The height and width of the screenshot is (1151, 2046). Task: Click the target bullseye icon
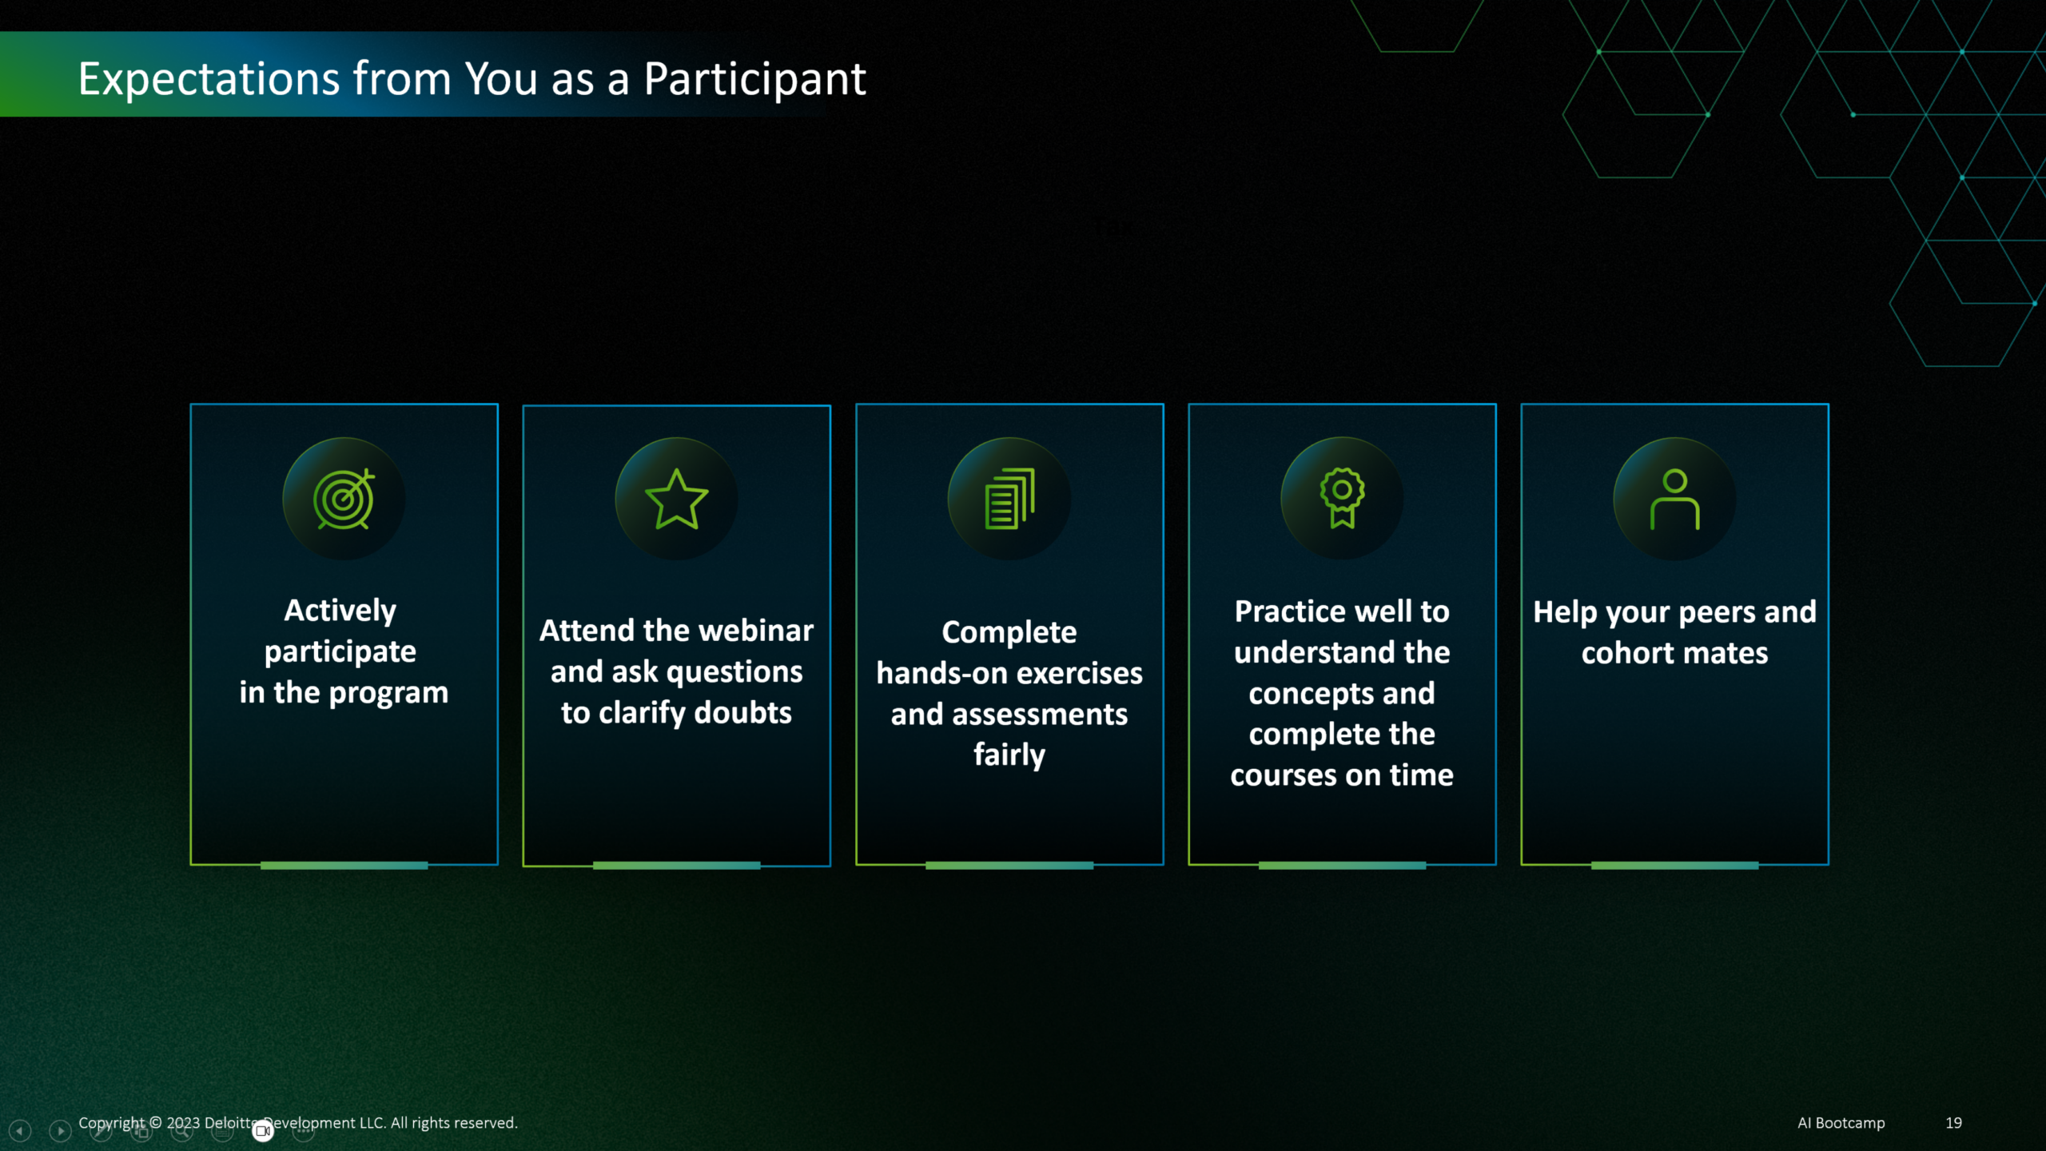point(344,499)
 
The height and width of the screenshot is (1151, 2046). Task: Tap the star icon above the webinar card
point(676,500)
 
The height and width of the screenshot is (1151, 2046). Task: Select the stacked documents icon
point(1009,499)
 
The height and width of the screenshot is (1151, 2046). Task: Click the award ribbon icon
point(1342,498)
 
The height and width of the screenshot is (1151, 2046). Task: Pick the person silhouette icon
point(1675,500)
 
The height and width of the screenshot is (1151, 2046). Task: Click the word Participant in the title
point(754,80)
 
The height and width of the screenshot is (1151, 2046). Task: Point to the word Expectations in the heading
point(209,80)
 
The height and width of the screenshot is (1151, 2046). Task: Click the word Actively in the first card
point(340,611)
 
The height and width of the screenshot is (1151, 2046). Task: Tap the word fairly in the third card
point(1009,755)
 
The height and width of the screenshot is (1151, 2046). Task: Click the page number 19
point(1953,1123)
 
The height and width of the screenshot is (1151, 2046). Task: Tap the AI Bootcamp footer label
point(1841,1123)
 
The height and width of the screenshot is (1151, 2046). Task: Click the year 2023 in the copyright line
point(183,1123)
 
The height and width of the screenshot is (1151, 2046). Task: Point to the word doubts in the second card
point(742,712)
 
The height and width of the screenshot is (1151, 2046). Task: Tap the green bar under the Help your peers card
point(1674,866)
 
